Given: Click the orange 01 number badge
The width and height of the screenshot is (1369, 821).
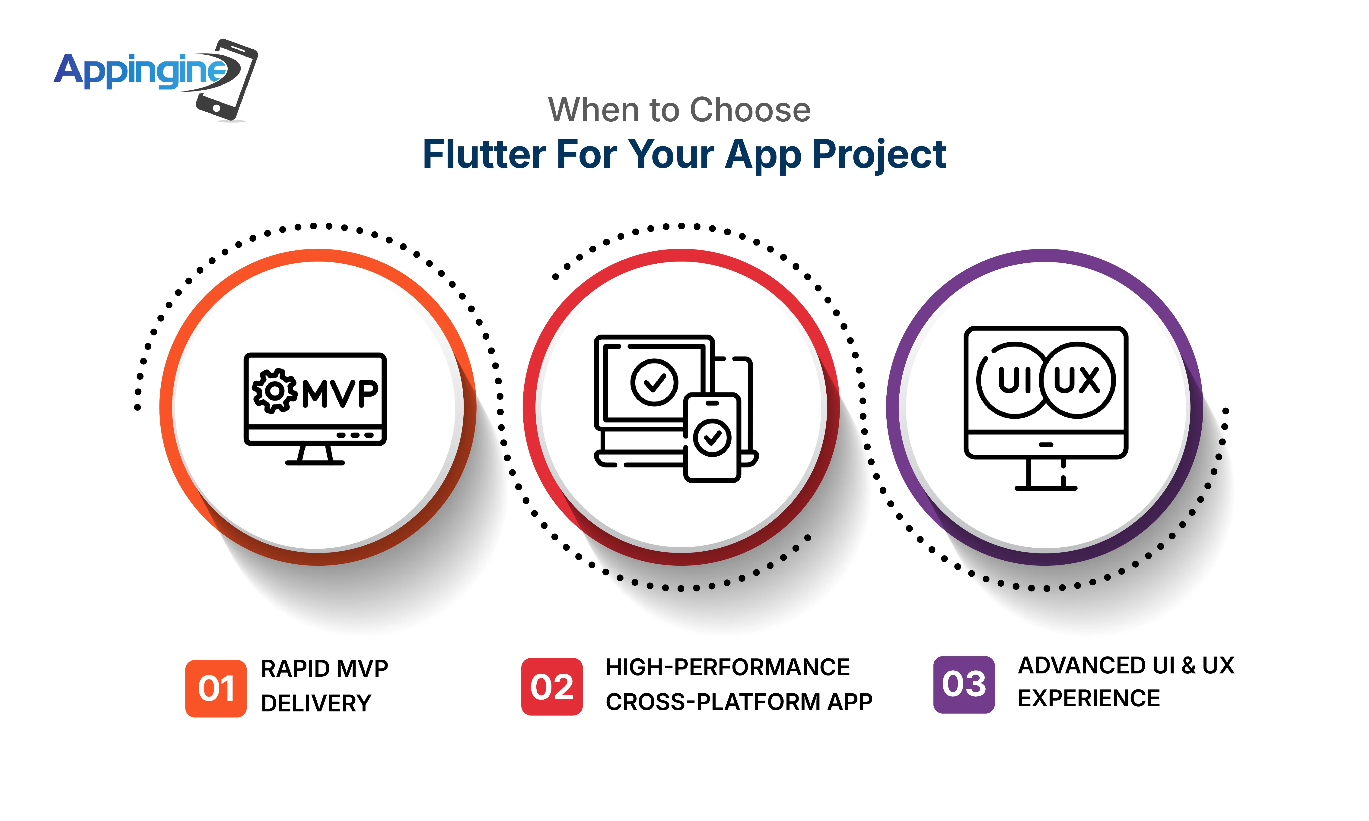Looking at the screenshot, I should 216,688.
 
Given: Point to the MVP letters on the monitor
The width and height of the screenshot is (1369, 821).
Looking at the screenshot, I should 340,393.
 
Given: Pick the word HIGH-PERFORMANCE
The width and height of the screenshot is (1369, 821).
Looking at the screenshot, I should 727,667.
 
